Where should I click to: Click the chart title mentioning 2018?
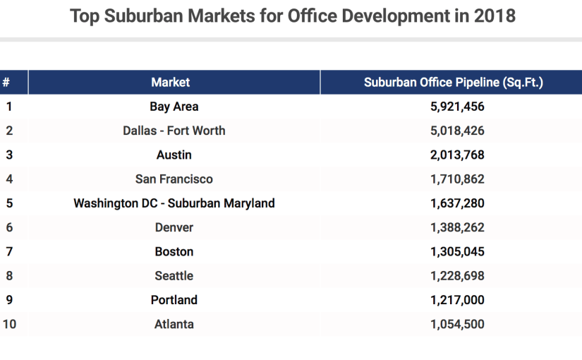(292, 16)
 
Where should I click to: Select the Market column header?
(170, 83)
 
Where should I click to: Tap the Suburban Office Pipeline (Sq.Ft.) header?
(453, 83)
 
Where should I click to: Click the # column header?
(6, 83)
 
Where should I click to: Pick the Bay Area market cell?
(174, 107)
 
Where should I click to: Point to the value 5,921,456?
(457, 107)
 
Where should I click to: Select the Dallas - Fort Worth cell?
(174, 131)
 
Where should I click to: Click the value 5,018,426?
(457, 131)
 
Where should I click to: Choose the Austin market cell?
(174, 155)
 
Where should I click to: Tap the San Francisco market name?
(174, 179)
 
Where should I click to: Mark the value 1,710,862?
(457, 179)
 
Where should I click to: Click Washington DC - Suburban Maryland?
(174, 203)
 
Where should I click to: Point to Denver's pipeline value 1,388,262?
(457, 227)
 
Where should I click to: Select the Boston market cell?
(174, 251)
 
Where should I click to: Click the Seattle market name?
(174, 276)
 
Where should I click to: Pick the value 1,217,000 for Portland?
(457, 300)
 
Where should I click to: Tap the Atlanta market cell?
(174, 324)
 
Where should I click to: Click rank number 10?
(9, 324)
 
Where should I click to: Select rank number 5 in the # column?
(9, 203)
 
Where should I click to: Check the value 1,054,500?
(457, 324)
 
